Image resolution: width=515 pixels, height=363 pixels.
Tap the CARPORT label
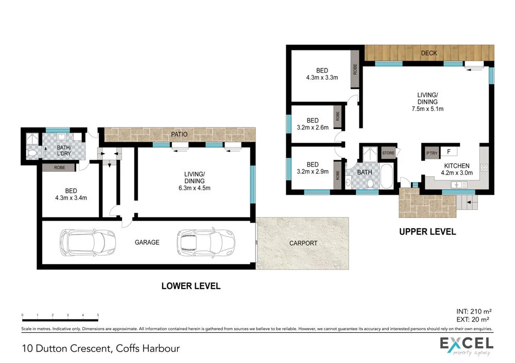tap(303, 243)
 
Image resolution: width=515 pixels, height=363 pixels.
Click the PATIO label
tap(180, 135)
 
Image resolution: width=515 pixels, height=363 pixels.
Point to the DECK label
tap(428, 53)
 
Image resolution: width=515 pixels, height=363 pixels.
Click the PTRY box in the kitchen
tap(430, 152)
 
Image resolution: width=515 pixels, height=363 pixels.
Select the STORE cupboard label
tap(388, 152)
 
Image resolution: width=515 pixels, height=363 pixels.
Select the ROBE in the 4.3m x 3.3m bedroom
tap(355, 69)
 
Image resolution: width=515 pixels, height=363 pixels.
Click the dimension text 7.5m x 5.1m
tap(427, 108)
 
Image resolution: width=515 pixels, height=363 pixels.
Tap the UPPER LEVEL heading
tap(427, 232)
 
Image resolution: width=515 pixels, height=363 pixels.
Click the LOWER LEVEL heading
tap(191, 286)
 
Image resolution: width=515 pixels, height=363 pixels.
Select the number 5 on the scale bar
tap(98, 315)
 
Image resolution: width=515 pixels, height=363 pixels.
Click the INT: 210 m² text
tap(474, 311)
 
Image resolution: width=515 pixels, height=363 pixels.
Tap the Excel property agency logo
tap(466, 346)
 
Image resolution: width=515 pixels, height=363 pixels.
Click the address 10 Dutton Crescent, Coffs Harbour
tap(100, 348)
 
